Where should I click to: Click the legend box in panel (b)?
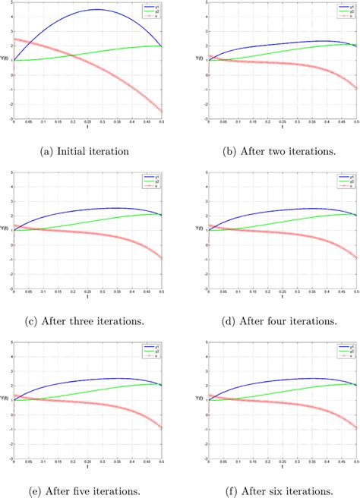click(343, 11)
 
